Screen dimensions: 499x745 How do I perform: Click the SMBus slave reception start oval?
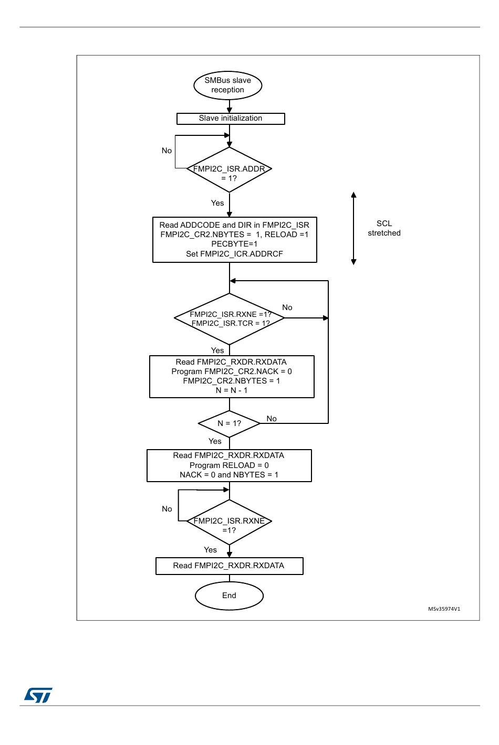click(x=227, y=85)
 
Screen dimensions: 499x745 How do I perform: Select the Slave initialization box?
click(x=231, y=119)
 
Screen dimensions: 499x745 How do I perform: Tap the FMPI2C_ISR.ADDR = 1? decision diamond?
click(x=229, y=169)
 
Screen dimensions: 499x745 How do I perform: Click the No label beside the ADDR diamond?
click(x=167, y=151)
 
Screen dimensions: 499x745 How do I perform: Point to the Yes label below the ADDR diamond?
click(x=217, y=203)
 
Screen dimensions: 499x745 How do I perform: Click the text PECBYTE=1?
click(x=234, y=244)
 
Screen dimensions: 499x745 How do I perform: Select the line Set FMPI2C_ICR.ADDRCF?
click(x=234, y=254)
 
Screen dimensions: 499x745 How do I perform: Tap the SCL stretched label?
click(x=384, y=228)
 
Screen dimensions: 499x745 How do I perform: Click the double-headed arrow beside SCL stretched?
click(x=354, y=229)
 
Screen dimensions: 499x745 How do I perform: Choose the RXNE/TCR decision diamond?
click(x=229, y=318)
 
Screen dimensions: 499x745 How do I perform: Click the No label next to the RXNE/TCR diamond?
click(x=287, y=307)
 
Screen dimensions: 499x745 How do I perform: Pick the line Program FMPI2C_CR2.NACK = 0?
click(x=231, y=371)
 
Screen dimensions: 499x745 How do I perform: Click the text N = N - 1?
click(x=231, y=390)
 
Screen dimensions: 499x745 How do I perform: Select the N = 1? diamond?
click(x=229, y=423)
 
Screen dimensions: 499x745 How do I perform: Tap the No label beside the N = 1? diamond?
click(x=272, y=419)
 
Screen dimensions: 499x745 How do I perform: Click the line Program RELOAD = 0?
click(x=229, y=465)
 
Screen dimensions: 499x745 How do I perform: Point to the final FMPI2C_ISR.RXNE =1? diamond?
click(x=229, y=522)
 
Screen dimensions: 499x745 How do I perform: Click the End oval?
click(x=229, y=595)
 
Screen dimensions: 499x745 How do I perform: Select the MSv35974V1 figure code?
click(x=444, y=609)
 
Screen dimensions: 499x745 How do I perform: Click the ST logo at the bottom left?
click(x=38, y=695)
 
